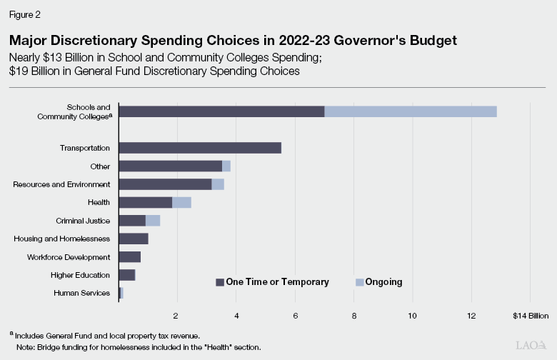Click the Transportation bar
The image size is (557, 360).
[x=200, y=148]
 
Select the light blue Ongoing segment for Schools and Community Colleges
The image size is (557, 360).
[x=411, y=111]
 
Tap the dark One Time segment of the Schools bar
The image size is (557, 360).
[x=221, y=111]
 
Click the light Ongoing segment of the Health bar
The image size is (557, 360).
[x=181, y=202]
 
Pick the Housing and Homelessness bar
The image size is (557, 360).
[x=134, y=239]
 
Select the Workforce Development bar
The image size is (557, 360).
[x=129, y=256]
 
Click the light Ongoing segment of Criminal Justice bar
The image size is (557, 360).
[x=153, y=221]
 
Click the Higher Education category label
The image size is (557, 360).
[x=80, y=275]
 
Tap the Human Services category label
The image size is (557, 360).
[x=81, y=293]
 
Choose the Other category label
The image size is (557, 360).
[x=100, y=166]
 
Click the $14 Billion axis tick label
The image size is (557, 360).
[x=531, y=315]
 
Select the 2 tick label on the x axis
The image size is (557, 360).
[x=176, y=315]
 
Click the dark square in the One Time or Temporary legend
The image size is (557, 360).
[x=220, y=282]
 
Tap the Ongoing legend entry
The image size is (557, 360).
[x=378, y=282]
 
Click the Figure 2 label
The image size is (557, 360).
[x=24, y=13]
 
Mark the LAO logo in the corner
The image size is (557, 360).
[x=530, y=345]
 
